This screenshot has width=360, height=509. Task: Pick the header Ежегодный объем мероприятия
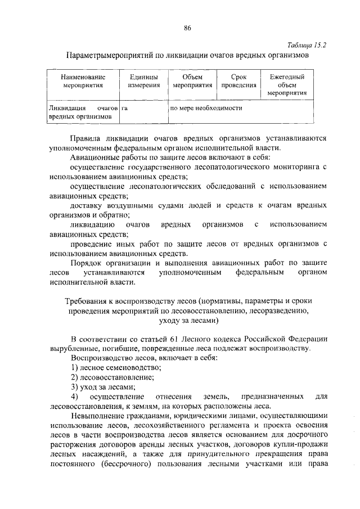click(286, 85)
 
